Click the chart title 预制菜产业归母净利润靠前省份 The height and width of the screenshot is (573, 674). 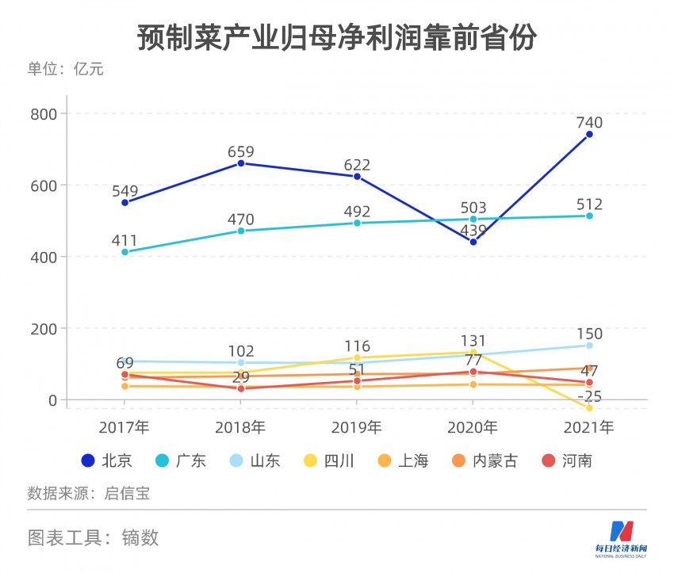coord(337,37)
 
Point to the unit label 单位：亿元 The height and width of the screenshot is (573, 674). coord(66,69)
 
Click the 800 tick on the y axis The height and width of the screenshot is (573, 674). coord(43,114)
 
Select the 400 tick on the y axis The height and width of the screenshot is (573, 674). coord(43,257)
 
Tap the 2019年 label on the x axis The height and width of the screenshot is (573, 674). coord(357,428)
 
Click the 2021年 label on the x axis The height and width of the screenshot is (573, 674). coord(589,428)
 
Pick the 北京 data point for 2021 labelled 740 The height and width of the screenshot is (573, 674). coord(589,135)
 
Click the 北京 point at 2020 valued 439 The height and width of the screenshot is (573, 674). coord(473,242)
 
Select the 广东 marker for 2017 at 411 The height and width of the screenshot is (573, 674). coord(124,252)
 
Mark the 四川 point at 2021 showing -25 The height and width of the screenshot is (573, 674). coord(589,407)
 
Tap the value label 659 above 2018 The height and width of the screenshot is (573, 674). coord(241,152)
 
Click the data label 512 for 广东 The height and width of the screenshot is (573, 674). coord(589,205)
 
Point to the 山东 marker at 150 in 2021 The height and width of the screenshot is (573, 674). coord(589,346)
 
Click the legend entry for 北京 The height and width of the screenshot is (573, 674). coord(108,460)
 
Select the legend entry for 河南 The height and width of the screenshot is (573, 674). coord(566,460)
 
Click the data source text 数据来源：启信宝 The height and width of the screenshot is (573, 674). coord(89,493)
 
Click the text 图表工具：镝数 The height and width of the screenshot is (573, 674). coord(94,537)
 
